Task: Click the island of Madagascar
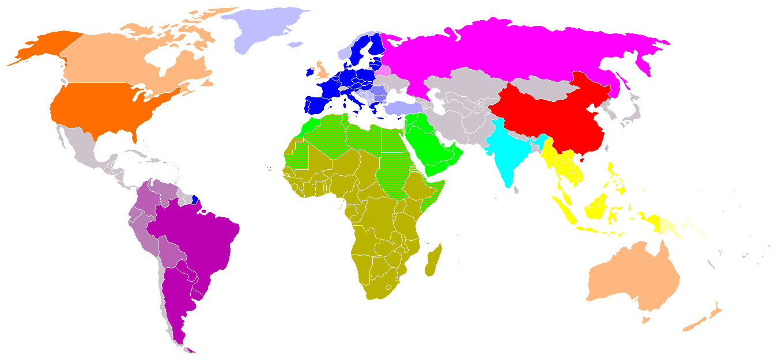(433, 259)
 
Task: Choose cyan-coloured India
(504, 153)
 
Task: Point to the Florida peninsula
(135, 135)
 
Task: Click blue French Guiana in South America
(195, 200)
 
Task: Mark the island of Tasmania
(646, 319)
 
